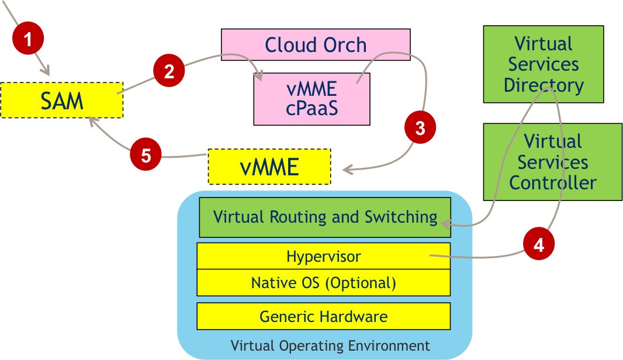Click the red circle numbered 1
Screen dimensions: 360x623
27,40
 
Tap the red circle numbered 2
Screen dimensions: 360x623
169,71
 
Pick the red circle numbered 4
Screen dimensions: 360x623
539,245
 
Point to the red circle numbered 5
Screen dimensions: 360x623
146,156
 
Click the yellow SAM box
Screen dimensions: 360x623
62,101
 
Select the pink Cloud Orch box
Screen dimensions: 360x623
316,45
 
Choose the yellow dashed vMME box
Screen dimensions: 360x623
269,167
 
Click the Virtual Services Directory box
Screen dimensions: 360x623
544,64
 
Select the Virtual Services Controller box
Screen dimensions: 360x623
552,162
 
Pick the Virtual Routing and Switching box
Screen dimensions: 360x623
325,217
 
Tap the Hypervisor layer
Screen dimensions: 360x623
323,256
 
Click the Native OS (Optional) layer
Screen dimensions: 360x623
323,283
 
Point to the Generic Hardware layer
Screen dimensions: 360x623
323,316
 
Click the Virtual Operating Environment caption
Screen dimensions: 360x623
330,345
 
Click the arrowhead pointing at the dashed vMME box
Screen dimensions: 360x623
347,171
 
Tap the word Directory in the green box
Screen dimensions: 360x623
544,85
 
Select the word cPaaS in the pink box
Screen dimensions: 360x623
312,109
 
